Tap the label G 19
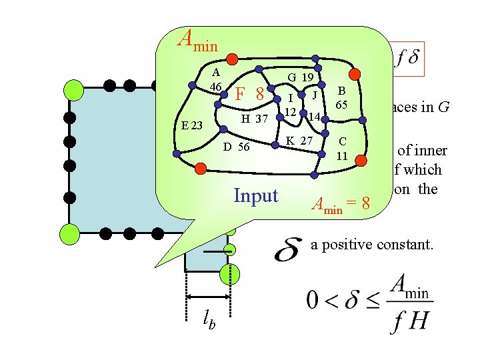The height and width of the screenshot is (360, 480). pos(300,77)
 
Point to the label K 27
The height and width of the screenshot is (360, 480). pos(299,141)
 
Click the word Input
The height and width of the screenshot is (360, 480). pos(256,195)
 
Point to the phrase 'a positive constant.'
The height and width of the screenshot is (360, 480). pos(372,245)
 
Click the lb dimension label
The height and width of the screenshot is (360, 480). pos(209,319)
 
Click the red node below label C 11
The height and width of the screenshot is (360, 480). pos(360,159)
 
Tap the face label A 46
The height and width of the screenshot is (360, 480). pos(215,79)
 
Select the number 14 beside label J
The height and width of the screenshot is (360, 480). pos(315,117)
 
